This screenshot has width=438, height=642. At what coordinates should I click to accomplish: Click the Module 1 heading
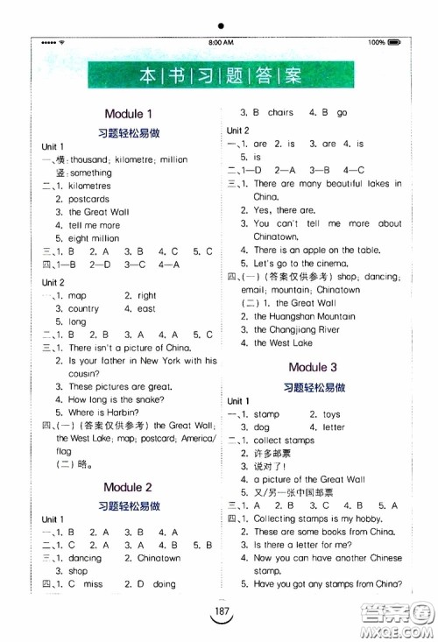(x=129, y=114)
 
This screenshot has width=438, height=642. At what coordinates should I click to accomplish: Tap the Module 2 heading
(x=129, y=487)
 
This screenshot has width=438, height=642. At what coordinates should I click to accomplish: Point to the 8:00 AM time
(x=221, y=42)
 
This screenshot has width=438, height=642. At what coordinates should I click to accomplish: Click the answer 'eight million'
(x=94, y=238)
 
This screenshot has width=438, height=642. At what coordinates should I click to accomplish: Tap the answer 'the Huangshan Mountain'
(x=304, y=316)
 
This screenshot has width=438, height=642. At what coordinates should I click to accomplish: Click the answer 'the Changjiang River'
(x=296, y=329)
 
